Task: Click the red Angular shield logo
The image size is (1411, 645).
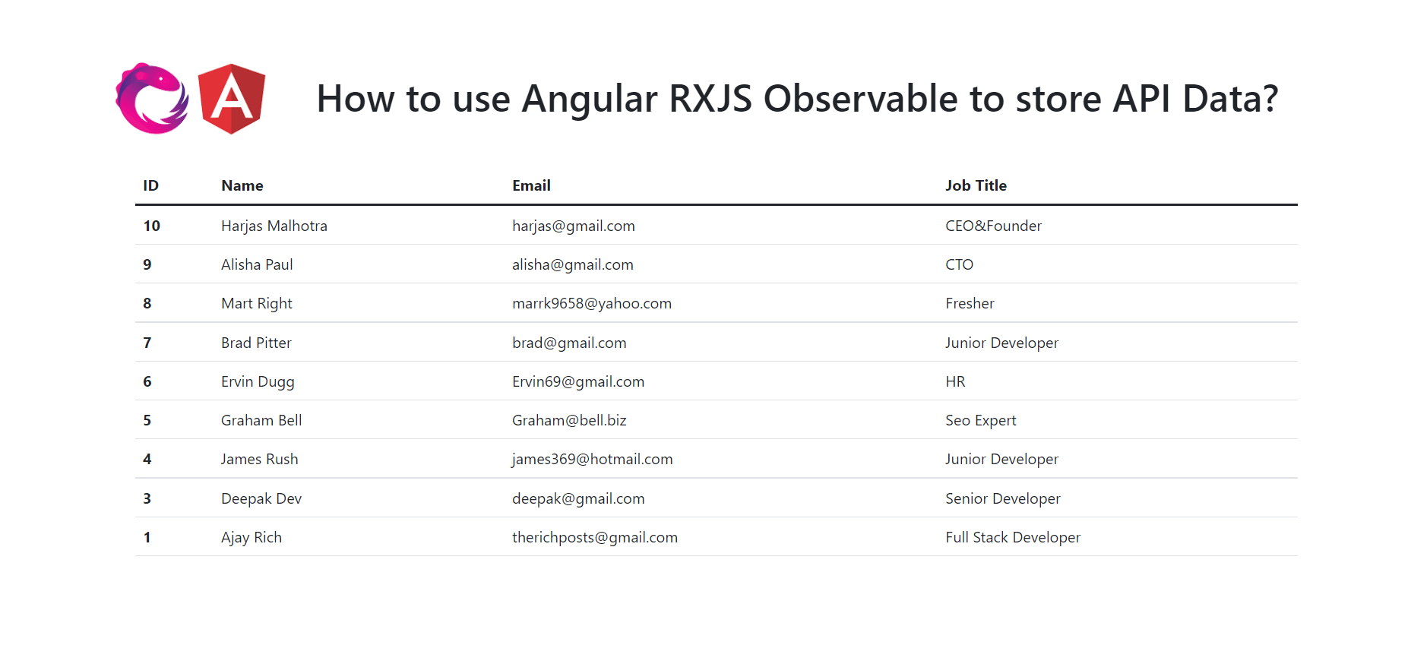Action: point(232,99)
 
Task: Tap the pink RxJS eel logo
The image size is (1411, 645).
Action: point(151,99)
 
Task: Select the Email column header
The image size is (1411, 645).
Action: point(531,185)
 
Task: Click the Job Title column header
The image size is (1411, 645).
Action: point(976,185)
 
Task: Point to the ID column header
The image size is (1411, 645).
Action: point(150,185)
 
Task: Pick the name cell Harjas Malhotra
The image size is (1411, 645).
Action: point(274,226)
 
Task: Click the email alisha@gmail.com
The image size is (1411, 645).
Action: point(572,264)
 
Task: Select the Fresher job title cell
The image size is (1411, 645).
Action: point(970,303)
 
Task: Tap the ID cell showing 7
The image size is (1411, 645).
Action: point(147,343)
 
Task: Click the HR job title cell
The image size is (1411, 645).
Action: point(955,381)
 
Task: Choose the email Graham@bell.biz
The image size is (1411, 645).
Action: point(569,420)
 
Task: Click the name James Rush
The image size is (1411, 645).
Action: point(259,459)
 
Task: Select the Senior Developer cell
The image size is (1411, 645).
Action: point(1002,498)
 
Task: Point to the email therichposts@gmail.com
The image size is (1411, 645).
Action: point(594,537)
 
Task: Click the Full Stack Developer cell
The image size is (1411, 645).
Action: point(1012,537)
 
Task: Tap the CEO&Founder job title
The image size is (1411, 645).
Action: point(993,226)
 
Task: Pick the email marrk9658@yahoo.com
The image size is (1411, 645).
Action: point(591,303)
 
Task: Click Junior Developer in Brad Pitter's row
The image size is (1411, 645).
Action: point(1001,343)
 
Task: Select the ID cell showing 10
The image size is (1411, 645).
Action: point(151,226)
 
